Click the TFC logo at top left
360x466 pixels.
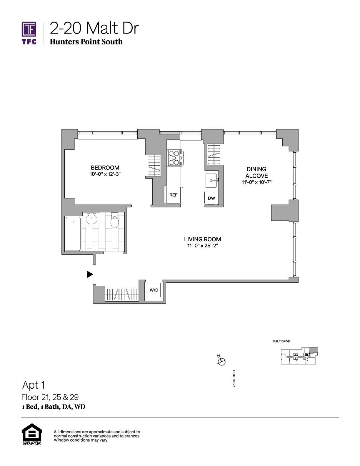[x=29, y=33]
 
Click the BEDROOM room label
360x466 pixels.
[x=105, y=168]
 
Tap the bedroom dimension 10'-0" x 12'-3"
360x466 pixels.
[x=105, y=174]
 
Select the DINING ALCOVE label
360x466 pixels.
[x=256, y=172]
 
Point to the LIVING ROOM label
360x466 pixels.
[x=202, y=239]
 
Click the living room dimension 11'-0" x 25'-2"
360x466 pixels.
[x=202, y=246]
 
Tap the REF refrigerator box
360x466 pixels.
[x=173, y=195]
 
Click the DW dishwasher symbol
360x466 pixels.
[x=211, y=198]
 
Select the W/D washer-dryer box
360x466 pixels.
[x=154, y=290]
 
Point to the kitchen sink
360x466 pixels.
[x=212, y=181]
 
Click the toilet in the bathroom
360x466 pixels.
[x=114, y=220]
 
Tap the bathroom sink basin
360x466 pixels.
[x=91, y=219]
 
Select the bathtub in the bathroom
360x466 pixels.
[x=73, y=234]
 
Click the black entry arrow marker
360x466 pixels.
[x=90, y=274]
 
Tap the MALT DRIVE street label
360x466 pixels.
[x=281, y=341]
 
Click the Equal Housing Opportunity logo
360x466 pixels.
[x=32, y=435]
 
